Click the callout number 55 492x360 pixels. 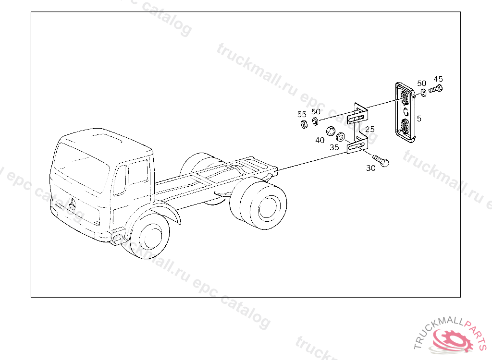[302, 114]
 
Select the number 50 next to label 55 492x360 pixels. [316, 112]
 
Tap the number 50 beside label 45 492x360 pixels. [422, 84]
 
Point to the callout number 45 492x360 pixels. [438, 79]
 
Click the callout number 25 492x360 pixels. [370, 129]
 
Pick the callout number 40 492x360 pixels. [320, 140]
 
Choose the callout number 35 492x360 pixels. [334, 147]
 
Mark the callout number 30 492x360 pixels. [370, 168]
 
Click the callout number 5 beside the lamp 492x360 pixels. [419, 119]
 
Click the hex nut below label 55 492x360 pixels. [304, 124]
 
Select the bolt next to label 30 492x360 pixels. [381, 160]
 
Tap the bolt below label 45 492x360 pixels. [435, 89]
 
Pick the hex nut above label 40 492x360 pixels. [331, 131]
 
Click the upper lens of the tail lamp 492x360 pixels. [405, 97]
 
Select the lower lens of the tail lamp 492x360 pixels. [405, 126]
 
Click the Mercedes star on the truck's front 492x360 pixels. [72, 204]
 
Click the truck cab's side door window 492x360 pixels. [138, 172]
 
